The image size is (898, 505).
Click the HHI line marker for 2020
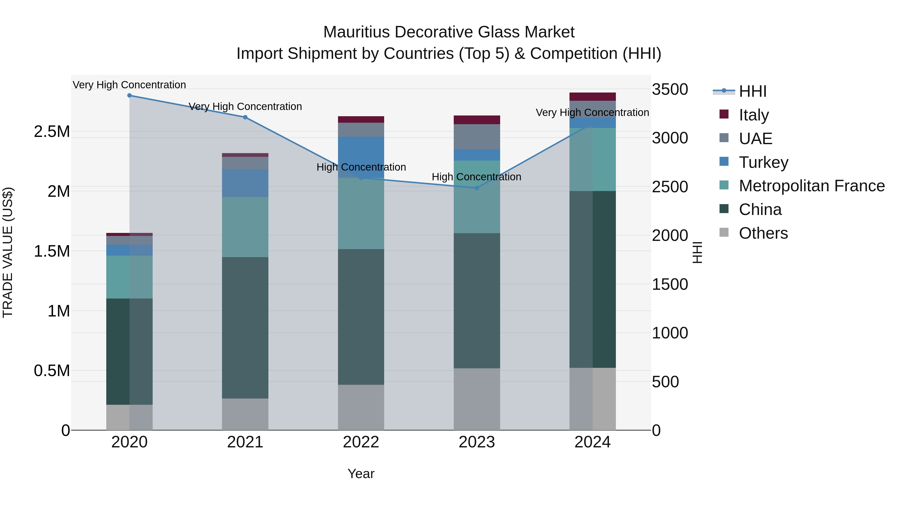(129, 96)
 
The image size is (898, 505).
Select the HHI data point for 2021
(245, 117)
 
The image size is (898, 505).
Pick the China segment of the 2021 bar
(245, 328)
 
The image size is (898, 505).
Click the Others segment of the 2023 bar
(477, 399)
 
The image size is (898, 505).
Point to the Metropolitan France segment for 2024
(593, 159)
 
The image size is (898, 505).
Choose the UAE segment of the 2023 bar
(477, 137)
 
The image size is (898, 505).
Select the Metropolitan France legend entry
(811, 186)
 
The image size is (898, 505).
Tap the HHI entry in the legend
(752, 91)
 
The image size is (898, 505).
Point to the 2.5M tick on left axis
(52, 132)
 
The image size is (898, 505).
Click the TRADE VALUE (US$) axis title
(8, 252)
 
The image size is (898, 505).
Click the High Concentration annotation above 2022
(361, 167)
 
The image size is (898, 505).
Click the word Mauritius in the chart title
(356, 32)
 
